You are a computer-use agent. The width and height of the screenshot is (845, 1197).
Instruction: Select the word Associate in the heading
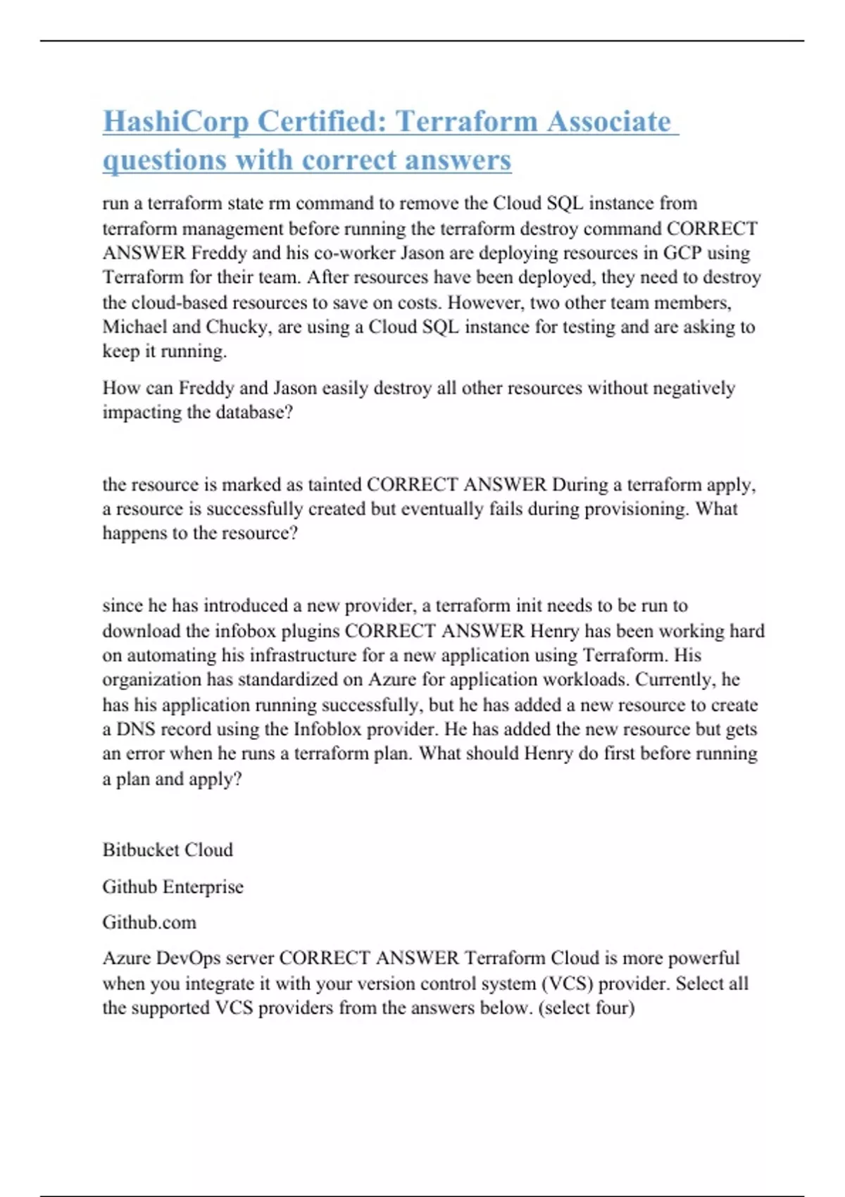pos(608,121)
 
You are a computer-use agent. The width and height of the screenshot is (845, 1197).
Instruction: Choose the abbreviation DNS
pos(135,729)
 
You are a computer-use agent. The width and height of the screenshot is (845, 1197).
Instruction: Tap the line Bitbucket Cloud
pos(168,850)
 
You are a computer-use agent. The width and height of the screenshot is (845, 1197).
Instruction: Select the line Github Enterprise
pos(173,886)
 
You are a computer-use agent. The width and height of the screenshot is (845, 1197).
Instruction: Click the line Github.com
pos(149,922)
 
